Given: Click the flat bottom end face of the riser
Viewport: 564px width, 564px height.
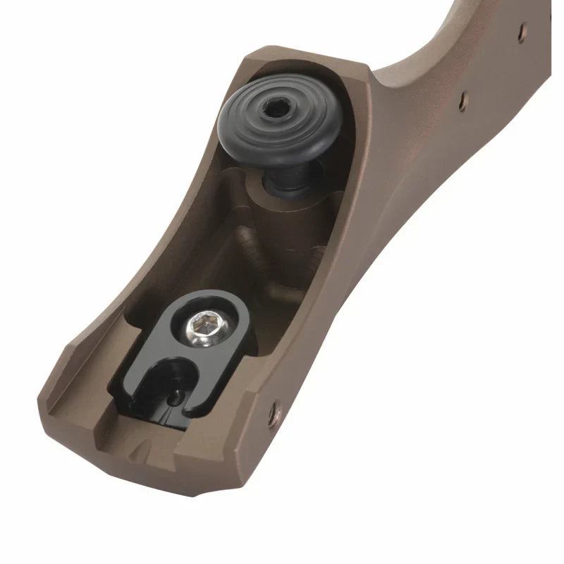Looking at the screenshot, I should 141,472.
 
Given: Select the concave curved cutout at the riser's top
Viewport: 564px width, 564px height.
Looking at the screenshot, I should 451,28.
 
